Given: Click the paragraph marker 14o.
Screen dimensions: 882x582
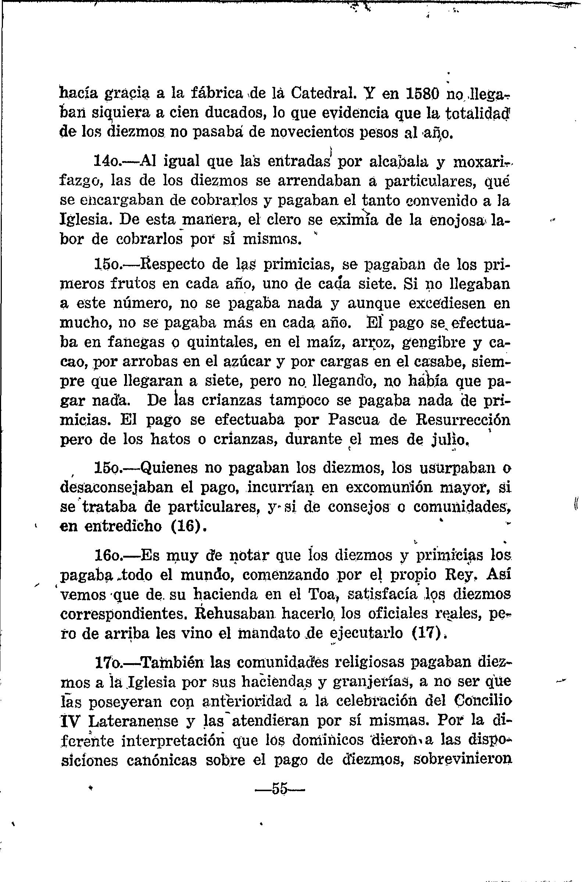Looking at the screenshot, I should click(x=108, y=162).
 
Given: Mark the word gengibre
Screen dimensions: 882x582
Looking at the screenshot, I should click(x=429, y=342).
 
